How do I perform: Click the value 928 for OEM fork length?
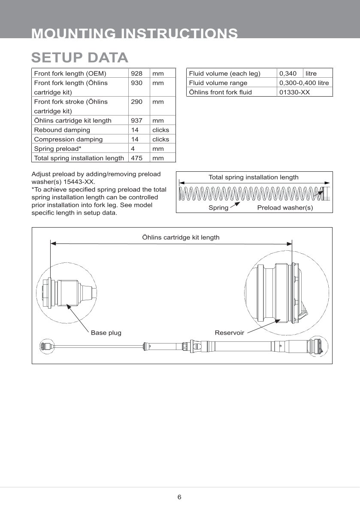(x=136, y=73)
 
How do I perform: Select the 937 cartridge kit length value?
(x=136, y=121)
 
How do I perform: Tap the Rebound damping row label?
(x=62, y=130)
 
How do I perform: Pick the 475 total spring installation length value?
(x=136, y=158)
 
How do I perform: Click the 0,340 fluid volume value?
(x=288, y=73)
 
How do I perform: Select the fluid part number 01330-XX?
(x=294, y=92)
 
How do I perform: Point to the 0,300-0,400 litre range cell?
(x=304, y=83)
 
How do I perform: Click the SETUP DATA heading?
(x=80, y=58)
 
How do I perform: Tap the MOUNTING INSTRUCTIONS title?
(x=135, y=33)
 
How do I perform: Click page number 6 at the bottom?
(x=179, y=497)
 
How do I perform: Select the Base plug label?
(x=106, y=333)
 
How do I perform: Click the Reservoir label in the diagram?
(x=229, y=333)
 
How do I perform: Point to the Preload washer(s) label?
(x=285, y=208)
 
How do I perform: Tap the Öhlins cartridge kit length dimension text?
(x=181, y=237)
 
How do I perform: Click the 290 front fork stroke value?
(x=136, y=102)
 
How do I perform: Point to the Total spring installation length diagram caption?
(x=253, y=177)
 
